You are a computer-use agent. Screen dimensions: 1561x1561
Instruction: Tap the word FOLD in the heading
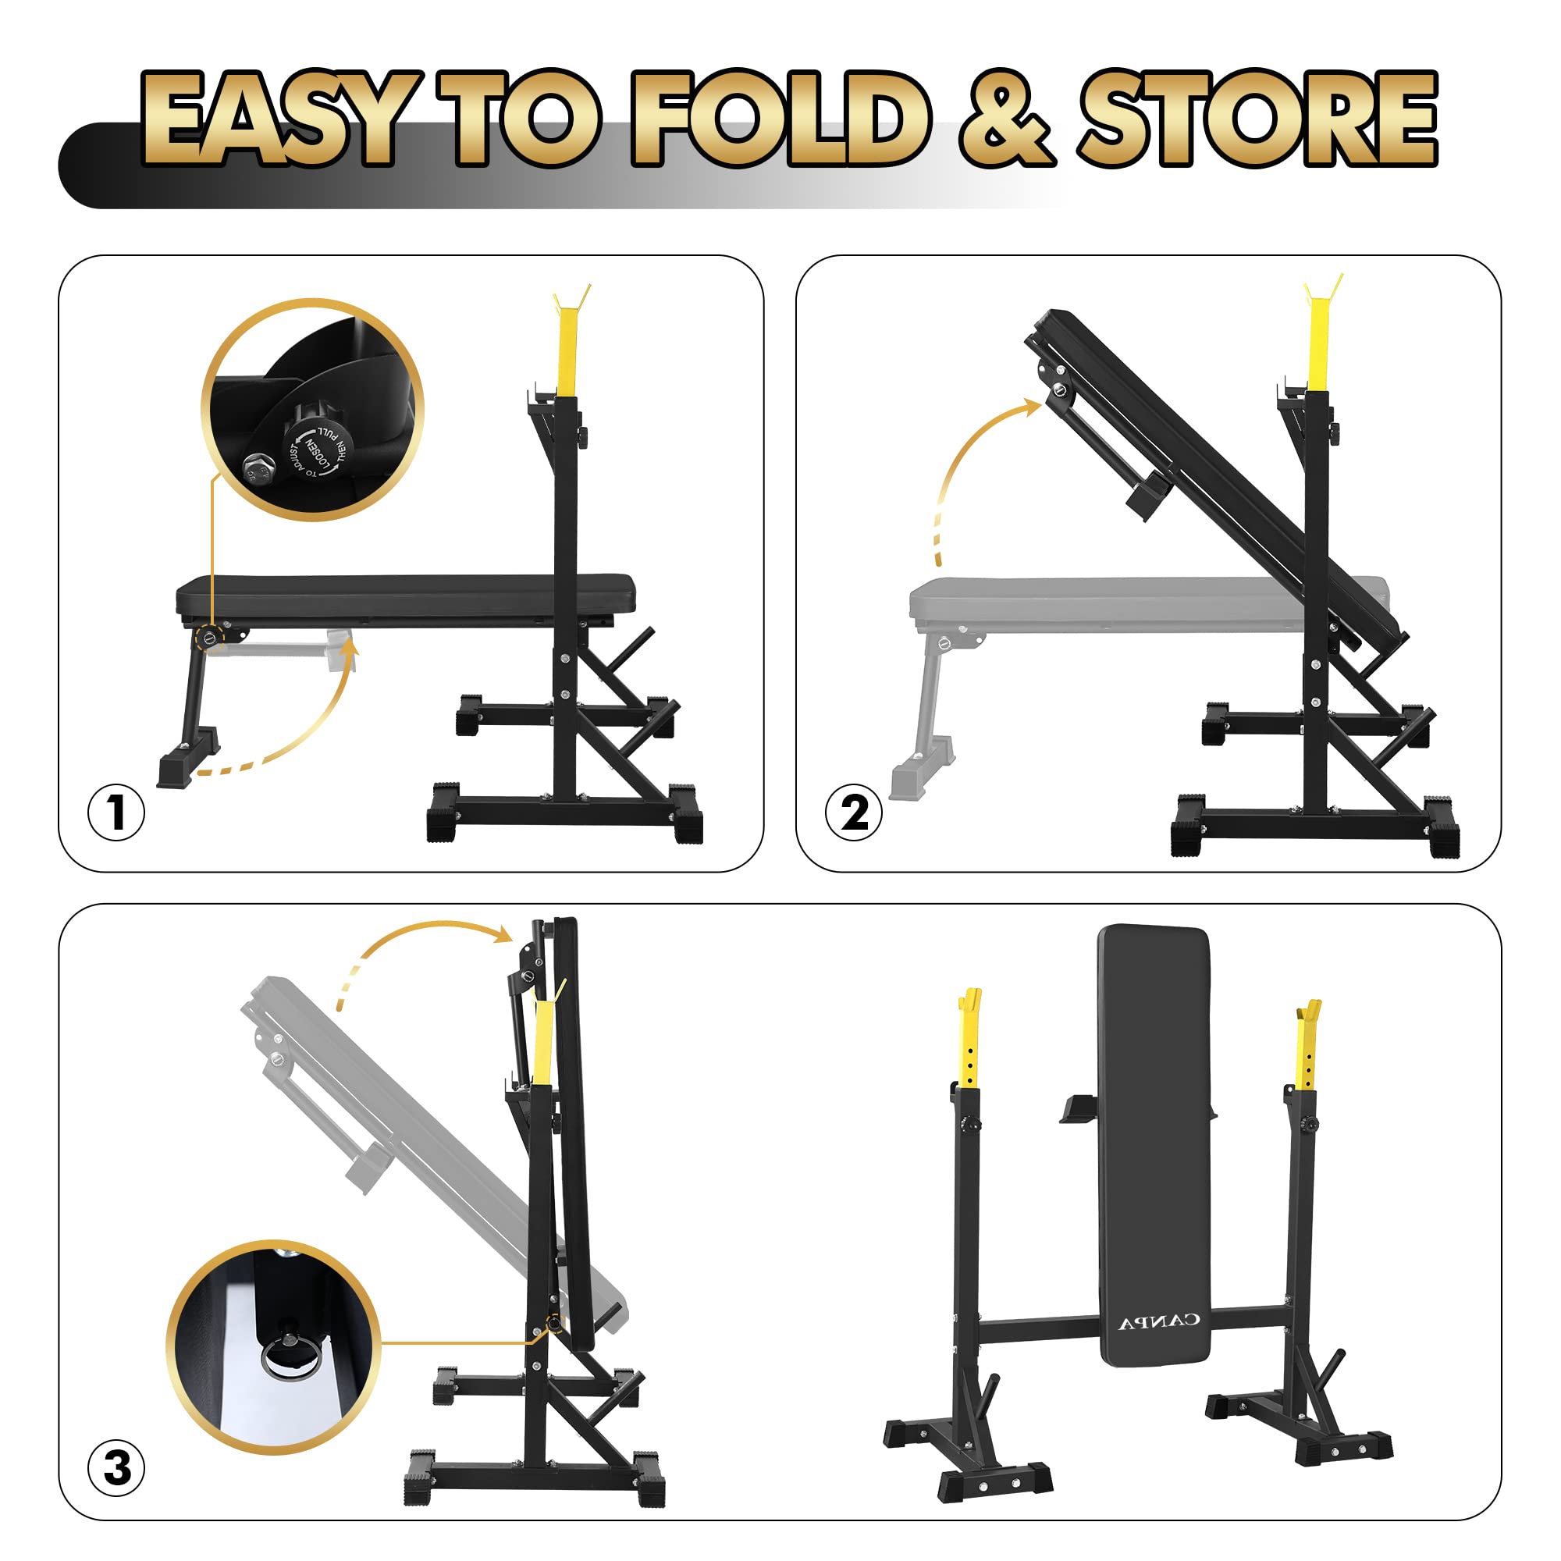coord(780,119)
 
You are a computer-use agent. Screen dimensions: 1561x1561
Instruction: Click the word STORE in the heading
coord(1257,119)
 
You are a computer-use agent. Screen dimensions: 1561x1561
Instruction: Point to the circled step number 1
coord(116,811)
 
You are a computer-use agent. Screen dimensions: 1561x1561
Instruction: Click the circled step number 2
coord(854,811)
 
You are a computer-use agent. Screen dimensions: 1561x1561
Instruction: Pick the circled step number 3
coord(116,1467)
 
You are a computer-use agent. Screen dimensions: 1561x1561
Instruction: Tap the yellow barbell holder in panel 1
coord(570,343)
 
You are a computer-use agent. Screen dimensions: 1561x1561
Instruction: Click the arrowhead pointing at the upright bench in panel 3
coord(503,936)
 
